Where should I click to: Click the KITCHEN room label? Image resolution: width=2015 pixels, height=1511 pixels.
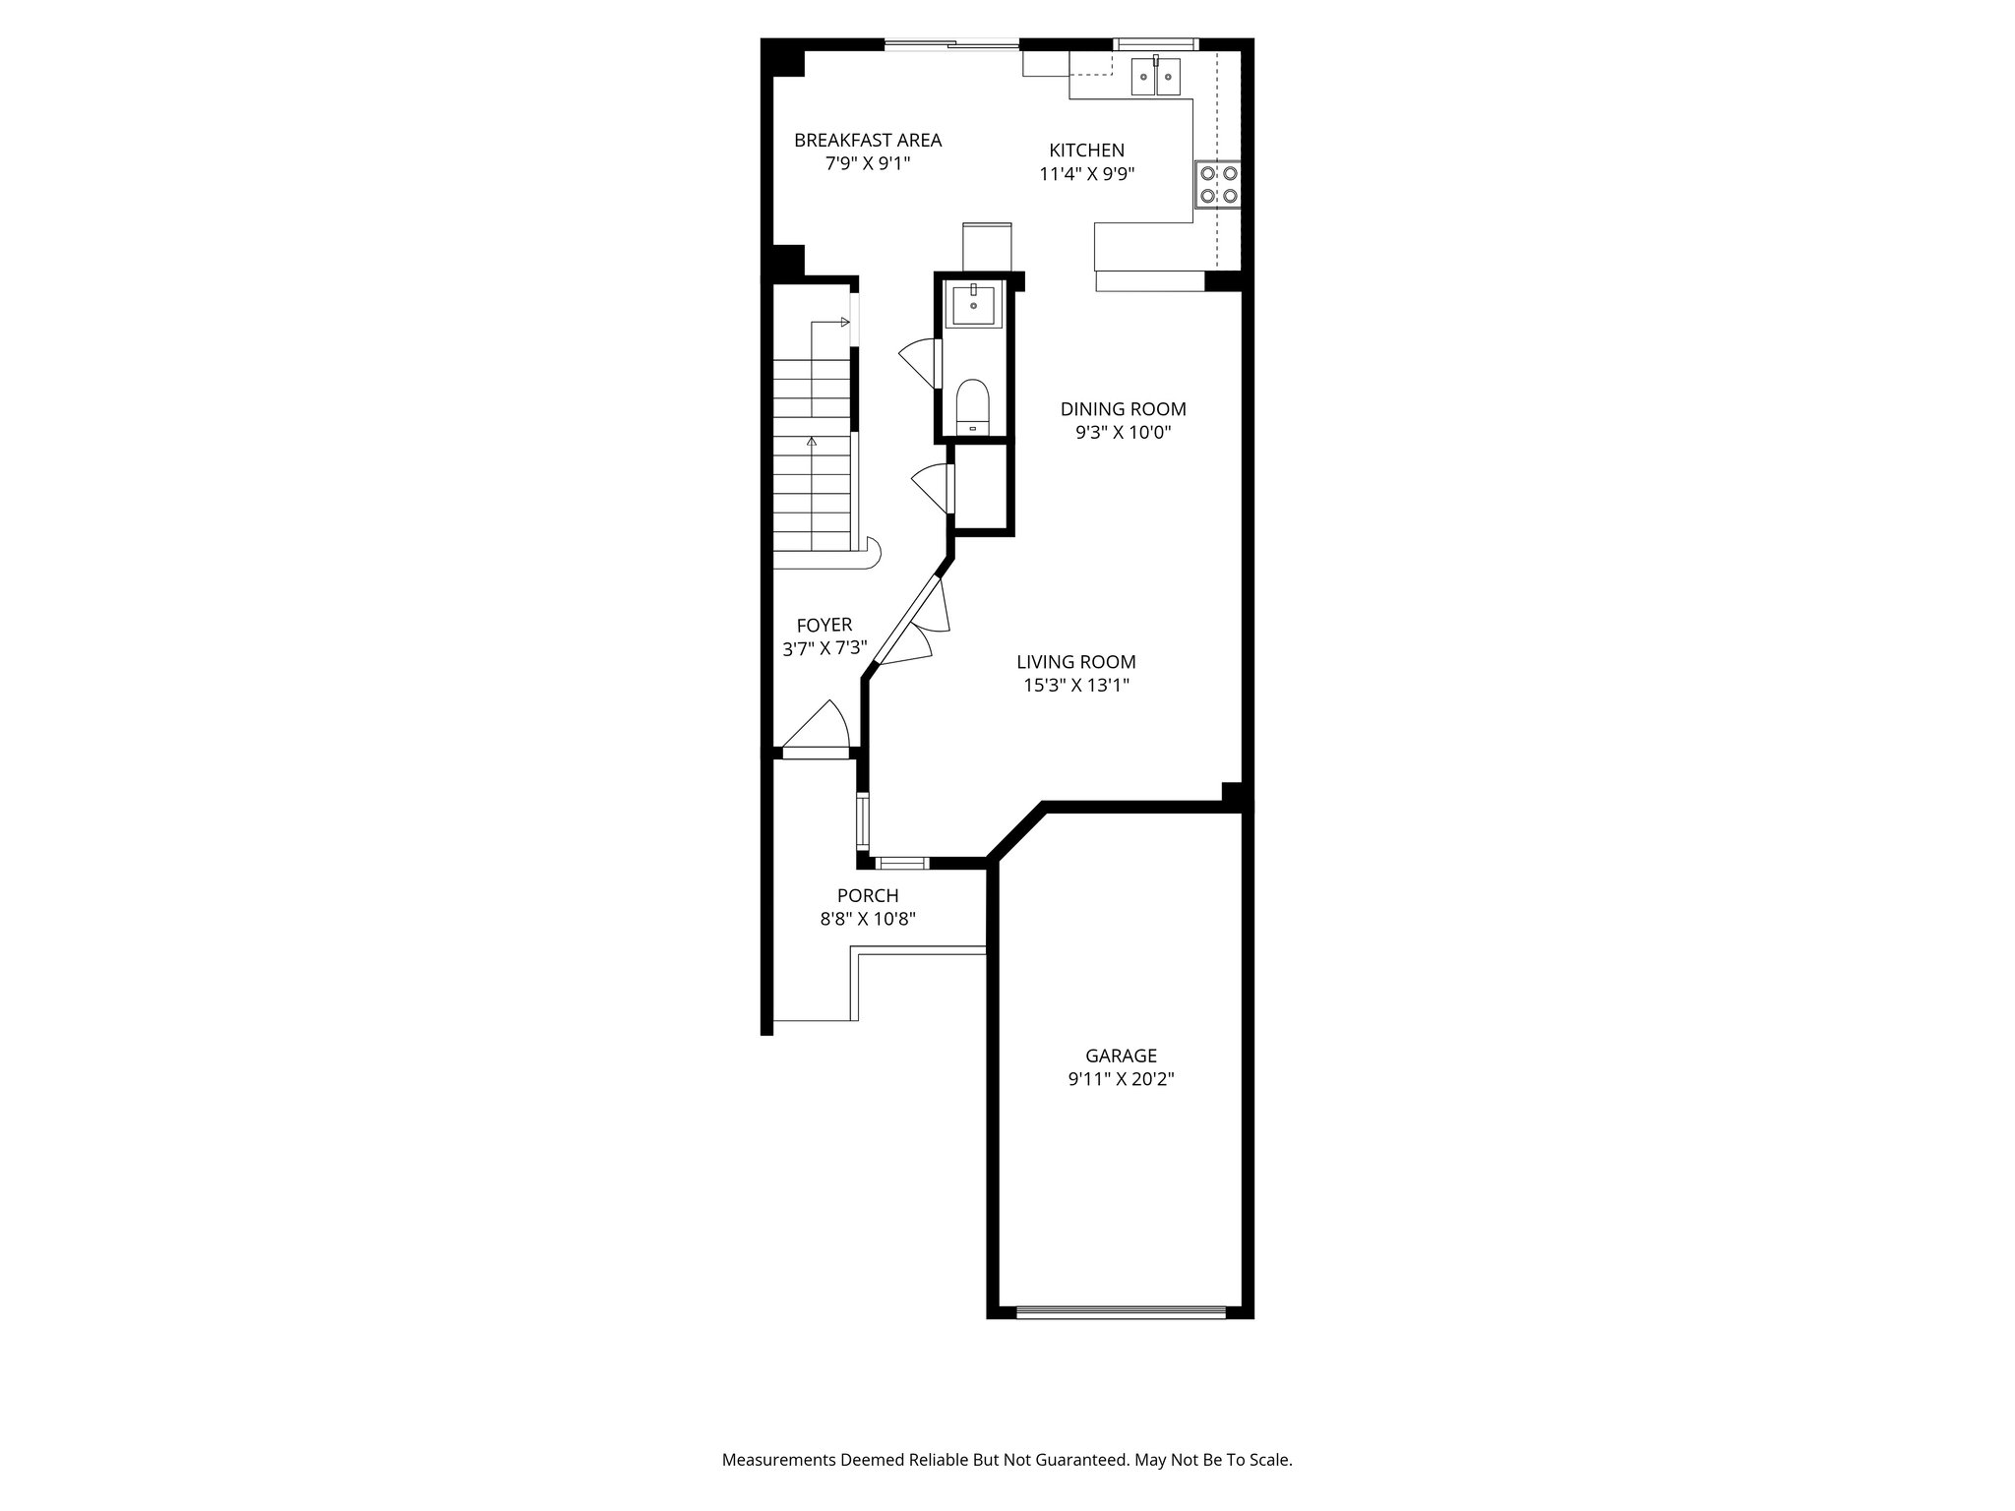click(1086, 151)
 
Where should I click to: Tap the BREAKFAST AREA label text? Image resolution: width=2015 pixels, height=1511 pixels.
click(868, 141)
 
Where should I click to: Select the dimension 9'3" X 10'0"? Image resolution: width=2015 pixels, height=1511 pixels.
click(1123, 433)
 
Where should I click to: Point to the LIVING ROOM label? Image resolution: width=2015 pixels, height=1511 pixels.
click(1075, 662)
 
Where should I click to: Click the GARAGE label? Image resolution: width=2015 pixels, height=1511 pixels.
click(1121, 1056)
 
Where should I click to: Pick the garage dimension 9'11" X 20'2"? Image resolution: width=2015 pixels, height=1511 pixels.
click(1121, 1079)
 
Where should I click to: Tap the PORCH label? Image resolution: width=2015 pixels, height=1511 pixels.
click(867, 895)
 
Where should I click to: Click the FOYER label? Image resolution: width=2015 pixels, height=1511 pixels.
click(824, 625)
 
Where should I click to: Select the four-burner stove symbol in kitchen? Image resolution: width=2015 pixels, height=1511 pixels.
click(1218, 184)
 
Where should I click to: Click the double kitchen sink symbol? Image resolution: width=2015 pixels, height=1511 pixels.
click(1155, 76)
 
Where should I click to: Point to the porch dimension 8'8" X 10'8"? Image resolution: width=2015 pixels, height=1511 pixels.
click(867, 919)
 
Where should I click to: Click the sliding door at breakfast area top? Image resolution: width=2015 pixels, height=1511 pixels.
click(951, 43)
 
